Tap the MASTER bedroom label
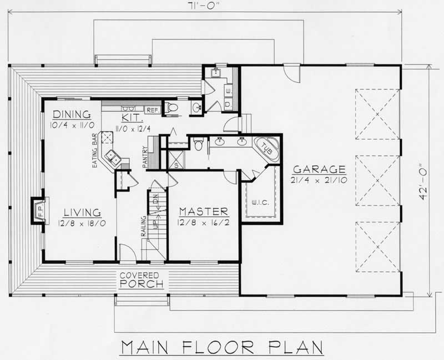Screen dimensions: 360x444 pyautogui.click(x=203, y=211)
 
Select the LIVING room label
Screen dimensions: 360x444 pyautogui.click(x=82, y=212)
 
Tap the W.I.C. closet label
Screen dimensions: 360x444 pyautogui.click(x=260, y=202)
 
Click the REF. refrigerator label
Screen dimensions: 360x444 pyautogui.click(x=153, y=109)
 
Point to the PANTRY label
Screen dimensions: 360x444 pyautogui.click(x=144, y=156)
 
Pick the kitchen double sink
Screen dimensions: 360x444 pyautogui.click(x=114, y=159)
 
